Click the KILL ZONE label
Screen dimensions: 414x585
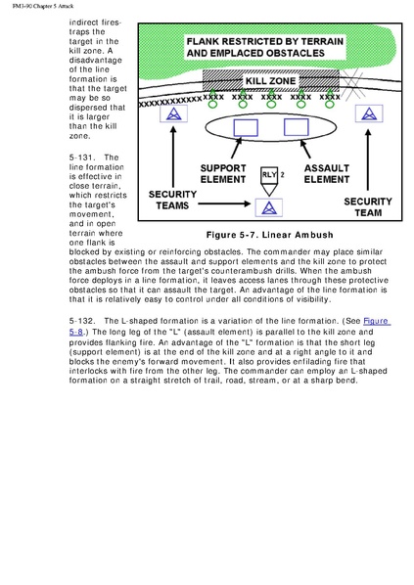tap(270, 81)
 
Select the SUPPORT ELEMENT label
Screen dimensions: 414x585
tap(223, 174)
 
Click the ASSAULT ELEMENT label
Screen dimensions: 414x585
tap(327, 174)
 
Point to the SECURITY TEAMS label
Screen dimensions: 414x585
tap(172, 200)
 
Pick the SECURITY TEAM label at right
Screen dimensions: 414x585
tap(368, 207)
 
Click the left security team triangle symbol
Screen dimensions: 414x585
tap(173, 113)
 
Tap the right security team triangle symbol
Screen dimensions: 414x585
tap(369, 113)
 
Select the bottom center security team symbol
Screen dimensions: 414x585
tap(269, 207)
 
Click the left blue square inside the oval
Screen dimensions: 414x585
tap(246, 127)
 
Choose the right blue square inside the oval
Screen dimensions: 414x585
tap(296, 127)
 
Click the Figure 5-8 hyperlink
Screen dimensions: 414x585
tap(377, 321)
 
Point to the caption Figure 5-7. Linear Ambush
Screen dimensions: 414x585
tap(269, 235)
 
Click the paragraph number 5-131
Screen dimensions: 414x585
tap(80, 157)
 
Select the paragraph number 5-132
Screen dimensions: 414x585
tap(80, 321)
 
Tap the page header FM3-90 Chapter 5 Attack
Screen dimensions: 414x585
tap(43, 6)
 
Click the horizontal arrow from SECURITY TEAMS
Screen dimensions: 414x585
tap(224, 203)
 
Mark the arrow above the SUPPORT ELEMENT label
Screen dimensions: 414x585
tap(236, 148)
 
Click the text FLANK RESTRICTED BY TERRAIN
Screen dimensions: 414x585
tap(265, 41)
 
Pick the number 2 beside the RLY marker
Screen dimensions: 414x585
tap(283, 174)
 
